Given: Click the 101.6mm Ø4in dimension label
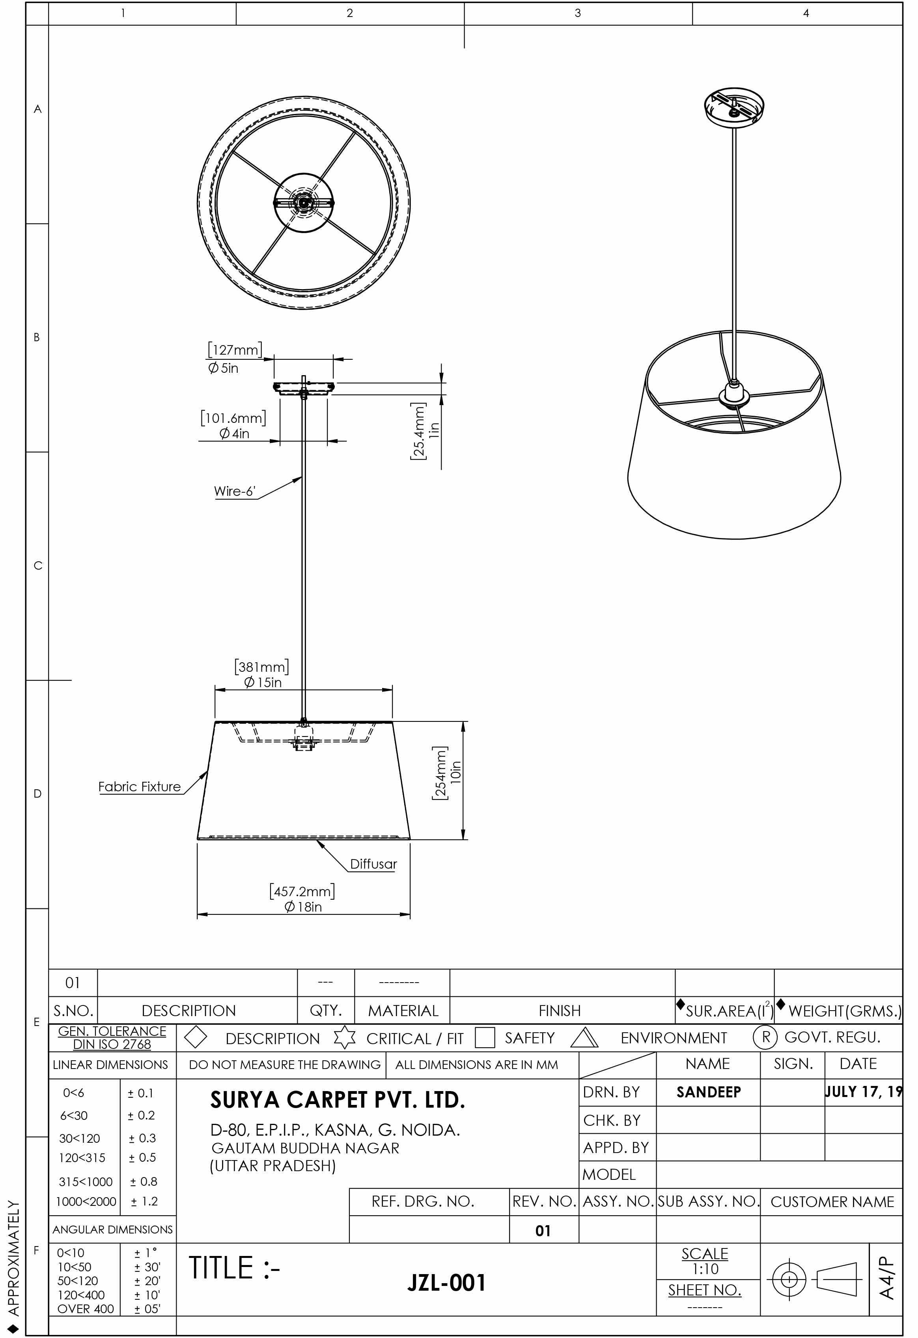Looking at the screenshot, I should [234, 425].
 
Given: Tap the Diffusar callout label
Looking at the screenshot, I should [373, 863].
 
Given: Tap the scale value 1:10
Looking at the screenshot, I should [705, 1269].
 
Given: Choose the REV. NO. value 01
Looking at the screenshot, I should [543, 1231].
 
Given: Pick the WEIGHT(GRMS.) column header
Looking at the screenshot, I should [844, 1011].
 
